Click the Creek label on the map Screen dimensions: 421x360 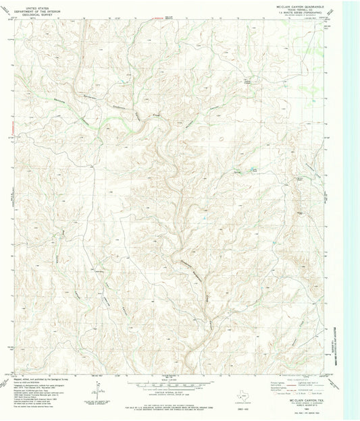[155, 114]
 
